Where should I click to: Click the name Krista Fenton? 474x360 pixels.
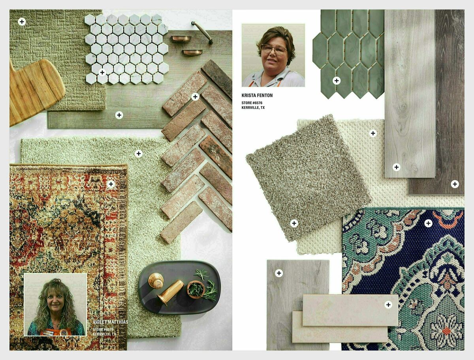(x=257, y=96)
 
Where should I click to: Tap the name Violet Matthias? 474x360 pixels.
(x=110, y=322)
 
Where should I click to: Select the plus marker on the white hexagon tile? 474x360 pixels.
(x=102, y=72)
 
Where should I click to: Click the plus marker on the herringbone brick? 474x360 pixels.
(x=195, y=97)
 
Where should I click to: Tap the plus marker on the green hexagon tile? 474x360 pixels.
(x=336, y=81)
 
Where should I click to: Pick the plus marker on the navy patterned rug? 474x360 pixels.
(x=428, y=223)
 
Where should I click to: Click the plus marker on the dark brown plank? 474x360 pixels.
(x=455, y=184)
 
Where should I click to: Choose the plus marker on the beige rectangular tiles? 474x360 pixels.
(x=388, y=304)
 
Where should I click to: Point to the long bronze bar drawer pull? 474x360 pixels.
(x=202, y=32)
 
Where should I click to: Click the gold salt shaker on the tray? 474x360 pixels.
(x=156, y=281)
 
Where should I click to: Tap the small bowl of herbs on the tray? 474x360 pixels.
(x=196, y=289)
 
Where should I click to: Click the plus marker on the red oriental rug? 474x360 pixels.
(x=111, y=184)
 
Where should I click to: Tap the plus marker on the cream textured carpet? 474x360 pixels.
(x=373, y=133)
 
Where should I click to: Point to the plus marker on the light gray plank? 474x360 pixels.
(x=396, y=167)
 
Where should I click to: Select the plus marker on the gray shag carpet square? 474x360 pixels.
(x=294, y=223)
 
